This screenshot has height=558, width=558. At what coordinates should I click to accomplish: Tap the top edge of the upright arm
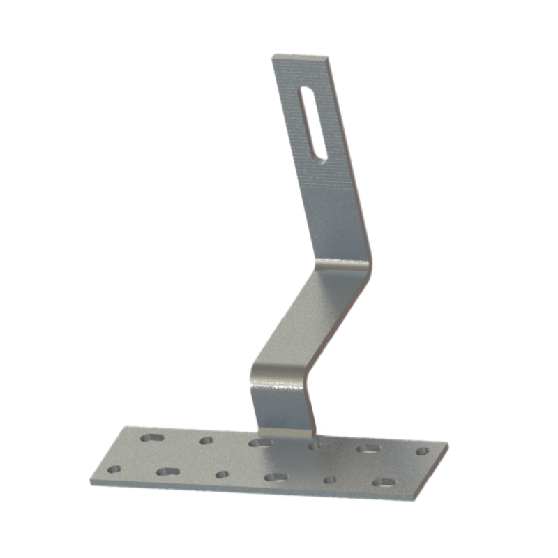tap(301, 56)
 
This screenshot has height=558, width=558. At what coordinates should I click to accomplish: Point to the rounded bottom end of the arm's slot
tap(319, 155)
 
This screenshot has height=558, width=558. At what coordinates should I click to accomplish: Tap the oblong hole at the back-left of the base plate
tap(152, 438)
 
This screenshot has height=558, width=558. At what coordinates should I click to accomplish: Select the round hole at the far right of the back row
tap(421, 451)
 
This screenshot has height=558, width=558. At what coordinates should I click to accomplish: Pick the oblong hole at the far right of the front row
tap(383, 482)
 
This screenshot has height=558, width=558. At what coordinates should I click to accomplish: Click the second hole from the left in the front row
tap(167, 472)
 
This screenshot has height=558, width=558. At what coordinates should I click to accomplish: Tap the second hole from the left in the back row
tap(206, 440)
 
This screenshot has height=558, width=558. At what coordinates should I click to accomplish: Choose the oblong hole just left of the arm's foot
tap(259, 442)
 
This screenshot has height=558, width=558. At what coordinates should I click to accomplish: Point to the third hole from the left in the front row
tap(222, 474)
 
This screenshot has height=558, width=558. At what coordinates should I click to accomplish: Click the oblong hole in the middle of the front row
tap(276, 477)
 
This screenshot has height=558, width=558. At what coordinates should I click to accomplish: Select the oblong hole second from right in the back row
tap(368, 448)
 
